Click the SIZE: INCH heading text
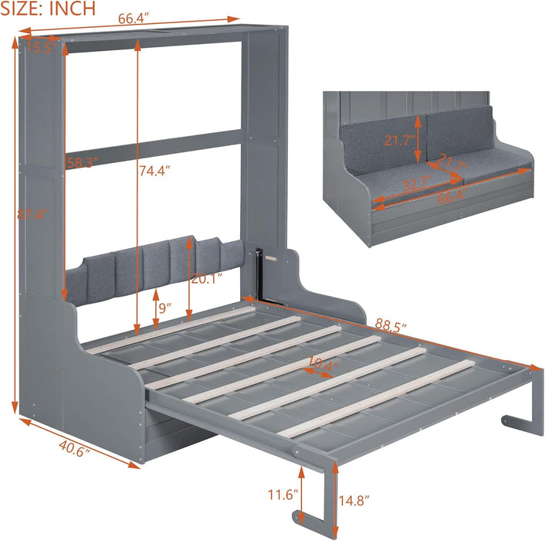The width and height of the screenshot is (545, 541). point(48,9)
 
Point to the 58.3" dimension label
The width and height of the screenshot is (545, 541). point(81,162)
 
